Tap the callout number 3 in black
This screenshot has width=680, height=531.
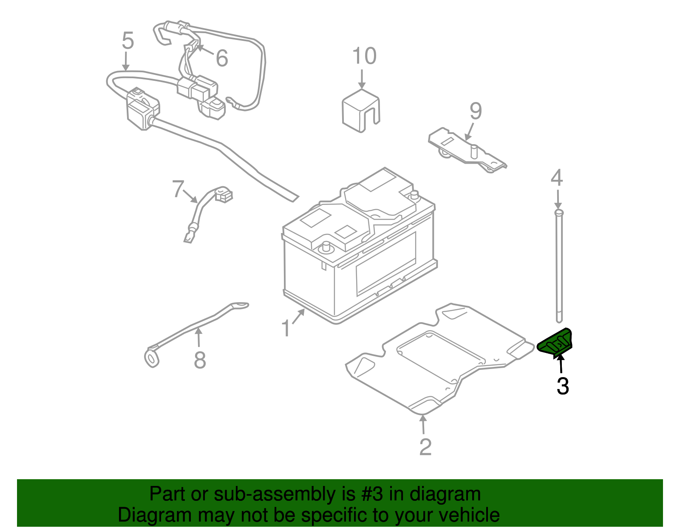tap(563, 386)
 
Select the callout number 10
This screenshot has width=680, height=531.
tap(364, 56)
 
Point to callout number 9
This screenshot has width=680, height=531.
tap(476, 111)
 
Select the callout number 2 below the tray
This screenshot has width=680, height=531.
tap(425, 446)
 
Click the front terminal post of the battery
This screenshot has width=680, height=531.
tap(326, 246)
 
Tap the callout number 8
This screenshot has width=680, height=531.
tap(200, 360)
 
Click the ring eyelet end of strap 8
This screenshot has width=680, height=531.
tap(152, 358)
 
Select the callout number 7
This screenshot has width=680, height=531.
tap(178, 189)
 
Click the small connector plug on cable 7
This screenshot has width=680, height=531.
tap(224, 195)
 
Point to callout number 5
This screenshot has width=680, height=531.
tap(127, 41)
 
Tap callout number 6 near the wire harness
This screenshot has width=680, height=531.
tap(222, 58)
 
